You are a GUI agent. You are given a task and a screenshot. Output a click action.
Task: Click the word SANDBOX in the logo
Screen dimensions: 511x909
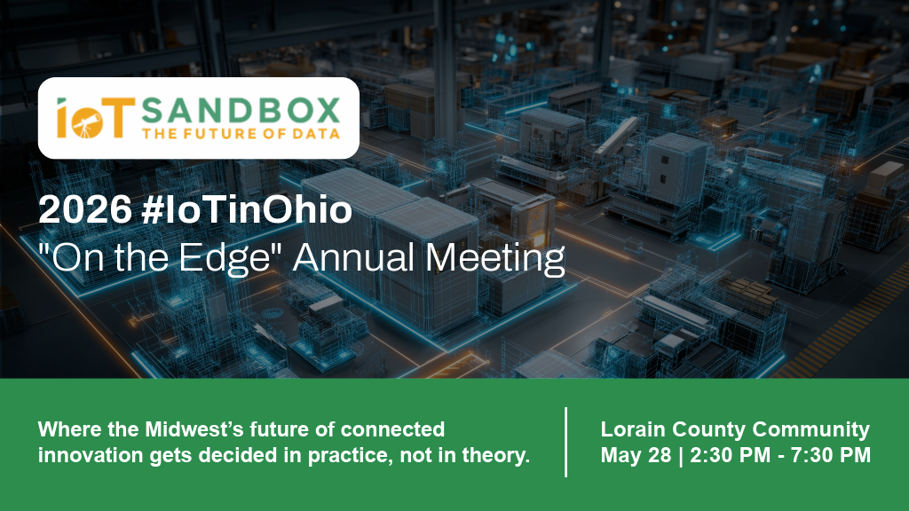click(x=240, y=111)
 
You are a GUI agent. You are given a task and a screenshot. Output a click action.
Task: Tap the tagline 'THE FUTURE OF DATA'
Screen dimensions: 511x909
click(x=240, y=134)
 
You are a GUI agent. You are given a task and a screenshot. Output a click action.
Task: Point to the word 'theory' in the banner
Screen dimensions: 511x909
click(x=496, y=456)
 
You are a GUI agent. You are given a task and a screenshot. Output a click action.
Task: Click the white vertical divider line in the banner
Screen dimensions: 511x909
click(x=566, y=442)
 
